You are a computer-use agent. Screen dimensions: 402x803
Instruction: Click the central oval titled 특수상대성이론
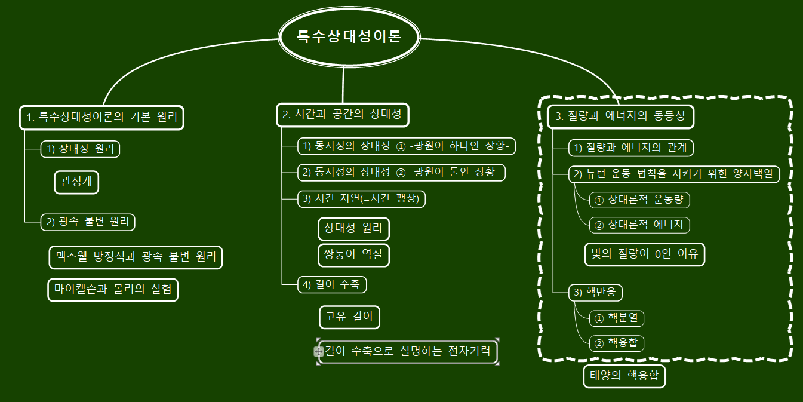(x=349, y=36)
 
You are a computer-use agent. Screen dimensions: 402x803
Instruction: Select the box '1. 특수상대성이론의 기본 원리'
(x=102, y=117)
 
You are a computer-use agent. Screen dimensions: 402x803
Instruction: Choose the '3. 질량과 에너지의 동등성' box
(x=620, y=116)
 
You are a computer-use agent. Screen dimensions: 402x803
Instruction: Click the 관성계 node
(x=76, y=182)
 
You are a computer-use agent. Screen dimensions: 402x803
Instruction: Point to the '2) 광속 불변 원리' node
(x=88, y=222)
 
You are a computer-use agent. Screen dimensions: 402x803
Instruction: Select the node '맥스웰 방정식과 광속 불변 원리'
(x=136, y=257)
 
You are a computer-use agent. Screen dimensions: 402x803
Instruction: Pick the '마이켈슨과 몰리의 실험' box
(x=113, y=290)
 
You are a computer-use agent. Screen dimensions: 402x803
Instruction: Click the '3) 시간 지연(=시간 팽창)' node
(x=362, y=199)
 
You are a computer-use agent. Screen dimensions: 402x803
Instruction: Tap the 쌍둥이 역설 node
(x=355, y=255)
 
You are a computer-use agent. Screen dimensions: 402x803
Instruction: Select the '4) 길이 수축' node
(x=332, y=285)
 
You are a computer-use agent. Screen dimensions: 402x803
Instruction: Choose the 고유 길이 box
(x=349, y=317)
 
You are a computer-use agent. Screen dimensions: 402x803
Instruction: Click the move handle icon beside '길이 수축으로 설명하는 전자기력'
(x=319, y=352)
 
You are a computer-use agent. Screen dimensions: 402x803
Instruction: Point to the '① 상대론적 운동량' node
(x=639, y=200)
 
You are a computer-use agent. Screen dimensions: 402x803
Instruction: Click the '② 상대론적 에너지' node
(x=639, y=225)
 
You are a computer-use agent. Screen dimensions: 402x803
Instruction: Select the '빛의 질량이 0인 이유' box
(x=644, y=254)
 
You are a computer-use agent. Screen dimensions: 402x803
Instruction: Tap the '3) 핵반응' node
(x=596, y=293)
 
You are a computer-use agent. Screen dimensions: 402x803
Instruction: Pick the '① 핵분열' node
(x=616, y=318)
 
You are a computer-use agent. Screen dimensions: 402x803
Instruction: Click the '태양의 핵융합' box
(x=624, y=376)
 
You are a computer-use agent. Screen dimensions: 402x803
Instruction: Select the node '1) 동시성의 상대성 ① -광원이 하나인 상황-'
(x=407, y=146)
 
